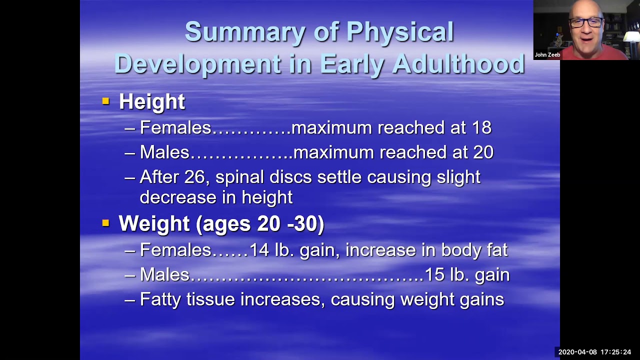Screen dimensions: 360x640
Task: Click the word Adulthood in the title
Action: click(x=458, y=64)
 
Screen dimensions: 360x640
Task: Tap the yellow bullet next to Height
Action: click(x=105, y=101)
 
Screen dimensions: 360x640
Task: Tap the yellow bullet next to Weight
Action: click(x=105, y=223)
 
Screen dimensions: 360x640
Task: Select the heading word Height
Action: click(x=151, y=102)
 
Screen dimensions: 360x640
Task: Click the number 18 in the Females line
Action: click(x=481, y=128)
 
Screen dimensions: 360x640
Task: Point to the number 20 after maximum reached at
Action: click(x=483, y=152)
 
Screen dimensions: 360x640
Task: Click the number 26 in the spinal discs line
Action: click(x=194, y=177)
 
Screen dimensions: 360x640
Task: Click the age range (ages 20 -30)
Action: click(x=260, y=224)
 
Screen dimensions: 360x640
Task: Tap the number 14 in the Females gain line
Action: click(x=259, y=250)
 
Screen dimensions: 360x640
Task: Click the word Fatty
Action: click(x=160, y=299)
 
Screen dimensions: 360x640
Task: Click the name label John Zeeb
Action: click(x=547, y=55)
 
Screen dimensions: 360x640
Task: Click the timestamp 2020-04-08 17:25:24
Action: click(x=594, y=352)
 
